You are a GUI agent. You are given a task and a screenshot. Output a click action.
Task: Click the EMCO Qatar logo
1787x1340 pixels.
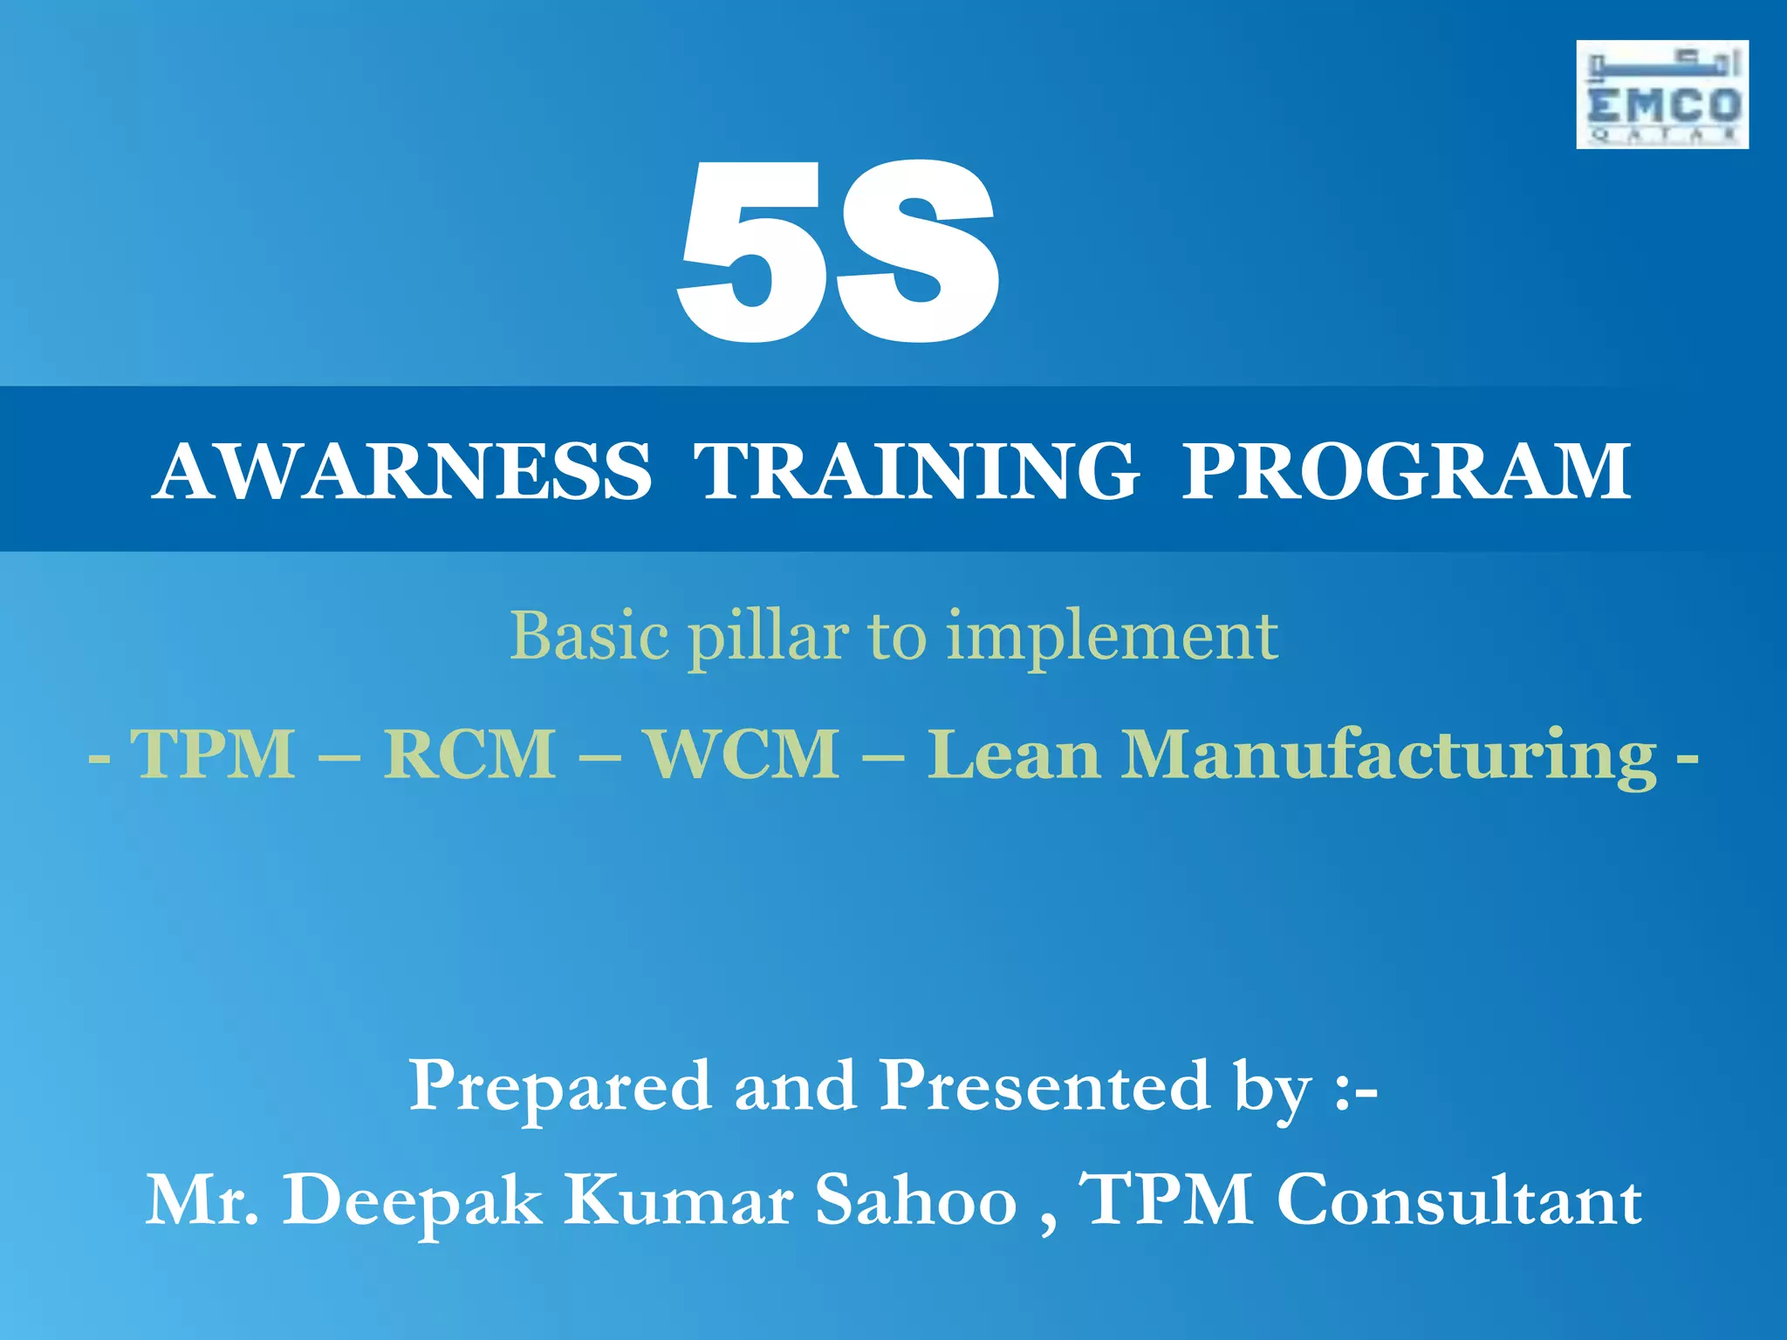(x=1661, y=94)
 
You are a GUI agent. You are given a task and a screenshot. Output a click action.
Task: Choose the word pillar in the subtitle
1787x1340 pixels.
(x=768, y=637)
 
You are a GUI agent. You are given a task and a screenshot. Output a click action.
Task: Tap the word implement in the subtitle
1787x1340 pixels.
(x=1113, y=637)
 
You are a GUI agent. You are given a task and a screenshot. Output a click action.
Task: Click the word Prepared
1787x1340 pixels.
(x=559, y=1086)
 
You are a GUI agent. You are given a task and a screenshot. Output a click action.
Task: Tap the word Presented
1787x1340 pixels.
(x=1044, y=1086)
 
